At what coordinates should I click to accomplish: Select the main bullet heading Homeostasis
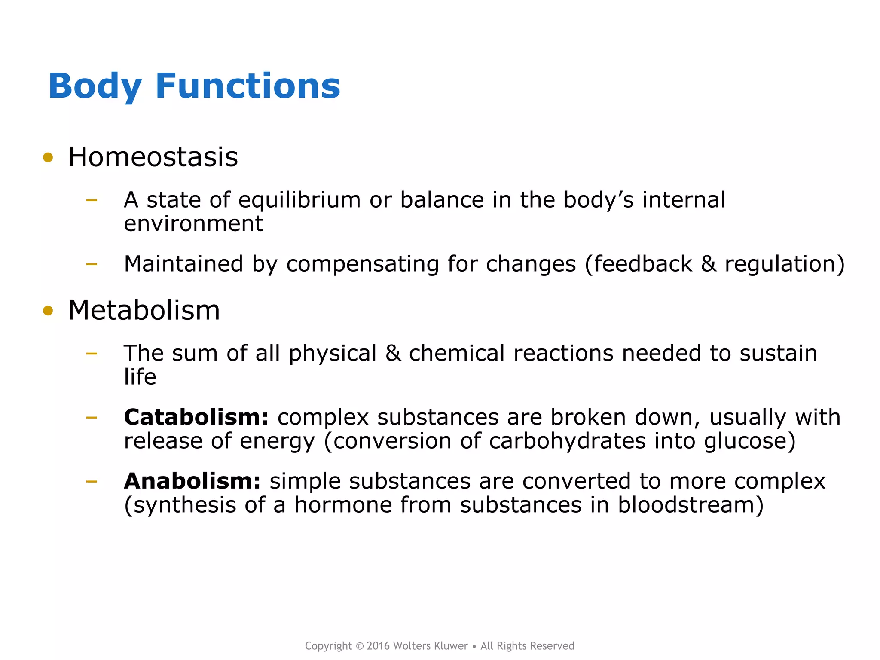(153, 157)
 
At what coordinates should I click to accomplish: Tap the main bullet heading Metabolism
(144, 310)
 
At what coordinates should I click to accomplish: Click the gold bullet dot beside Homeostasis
(48, 158)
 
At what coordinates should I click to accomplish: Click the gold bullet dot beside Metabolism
(48, 311)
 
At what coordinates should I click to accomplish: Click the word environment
(193, 224)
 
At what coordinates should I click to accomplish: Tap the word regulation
(780, 264)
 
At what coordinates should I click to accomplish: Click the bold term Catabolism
(196, 417)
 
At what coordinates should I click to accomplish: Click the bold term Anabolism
(192, 481)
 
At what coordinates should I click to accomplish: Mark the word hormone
(343, 505)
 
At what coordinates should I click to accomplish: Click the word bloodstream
(686, 505)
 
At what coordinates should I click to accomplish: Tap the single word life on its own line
(140, 377)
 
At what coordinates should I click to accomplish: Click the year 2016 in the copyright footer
(378, 646)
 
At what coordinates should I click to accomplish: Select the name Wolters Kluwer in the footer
(430, 646)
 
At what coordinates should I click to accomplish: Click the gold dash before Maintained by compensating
(92, 264)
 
